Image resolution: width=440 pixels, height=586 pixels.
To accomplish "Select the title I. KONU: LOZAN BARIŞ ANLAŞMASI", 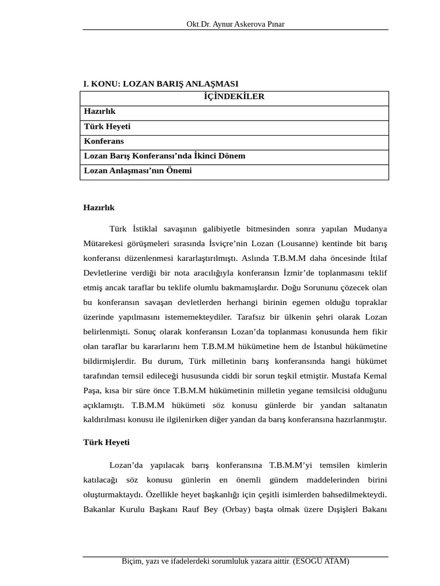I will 161,84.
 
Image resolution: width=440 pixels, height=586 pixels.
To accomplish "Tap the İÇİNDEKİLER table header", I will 234,96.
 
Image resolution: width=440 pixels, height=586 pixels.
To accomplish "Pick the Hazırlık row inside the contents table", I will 100,111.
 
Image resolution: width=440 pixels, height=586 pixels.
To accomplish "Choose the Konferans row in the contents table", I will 104,141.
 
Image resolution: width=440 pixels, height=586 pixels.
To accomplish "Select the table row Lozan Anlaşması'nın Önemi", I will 138,171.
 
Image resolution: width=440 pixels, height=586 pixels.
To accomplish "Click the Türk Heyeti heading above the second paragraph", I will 107,442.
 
